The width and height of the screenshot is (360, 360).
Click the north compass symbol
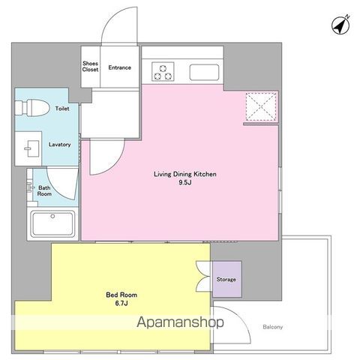tap(340, 25)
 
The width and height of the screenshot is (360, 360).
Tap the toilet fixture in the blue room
tap(31, 108)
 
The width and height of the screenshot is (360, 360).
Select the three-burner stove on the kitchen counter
tap(163, 71)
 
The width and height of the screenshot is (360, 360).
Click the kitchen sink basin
tap(204, 73)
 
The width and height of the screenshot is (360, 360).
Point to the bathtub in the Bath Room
tap(52, 223)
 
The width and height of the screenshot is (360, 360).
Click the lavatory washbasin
tap(32, 148)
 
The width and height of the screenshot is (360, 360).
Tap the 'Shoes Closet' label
tap(90, 67)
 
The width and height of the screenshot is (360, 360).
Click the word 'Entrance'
tap(120, 67)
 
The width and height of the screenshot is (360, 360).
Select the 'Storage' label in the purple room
tap(226, 279)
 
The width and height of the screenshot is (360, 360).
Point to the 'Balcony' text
tap(272, 327)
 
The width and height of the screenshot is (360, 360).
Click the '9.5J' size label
tap(185, 182)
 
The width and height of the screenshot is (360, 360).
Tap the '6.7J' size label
tap(121, 303)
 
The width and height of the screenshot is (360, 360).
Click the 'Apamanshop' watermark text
tap(180, 322)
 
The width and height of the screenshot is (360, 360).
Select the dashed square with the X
tap(261, 106)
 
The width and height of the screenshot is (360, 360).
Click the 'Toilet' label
tap(62, 109)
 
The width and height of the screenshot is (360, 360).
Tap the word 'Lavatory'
tap(59, 145)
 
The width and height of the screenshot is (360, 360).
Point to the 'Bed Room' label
tap(121, 295)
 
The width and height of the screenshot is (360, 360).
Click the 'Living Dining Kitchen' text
tap(185, 174)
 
